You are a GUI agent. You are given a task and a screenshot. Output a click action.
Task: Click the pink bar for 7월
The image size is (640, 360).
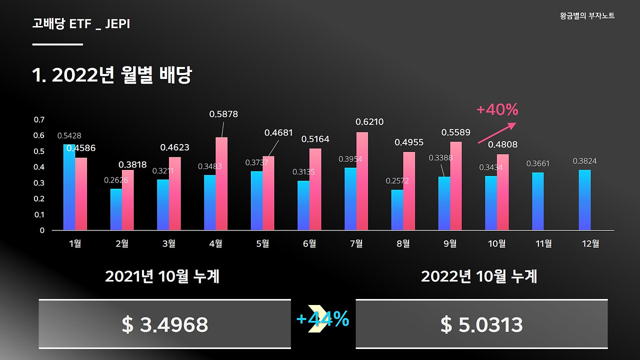(362, 181)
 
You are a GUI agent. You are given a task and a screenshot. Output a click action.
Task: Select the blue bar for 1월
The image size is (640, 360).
(69, 187)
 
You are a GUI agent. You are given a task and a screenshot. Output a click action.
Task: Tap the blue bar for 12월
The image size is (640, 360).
(584, 200)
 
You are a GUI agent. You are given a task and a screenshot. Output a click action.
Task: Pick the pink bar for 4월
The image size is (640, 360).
(221, 184)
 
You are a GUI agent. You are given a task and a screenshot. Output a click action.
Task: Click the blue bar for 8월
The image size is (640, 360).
(397, 210)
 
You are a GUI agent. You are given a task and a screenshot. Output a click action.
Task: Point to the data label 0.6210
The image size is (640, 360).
(369, 122)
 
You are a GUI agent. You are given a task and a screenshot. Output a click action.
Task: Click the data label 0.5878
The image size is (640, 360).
(223, 114)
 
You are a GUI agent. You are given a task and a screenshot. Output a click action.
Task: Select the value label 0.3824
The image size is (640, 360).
(584, 161)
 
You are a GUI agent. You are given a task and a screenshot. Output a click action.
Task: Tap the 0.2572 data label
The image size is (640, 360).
(397, 181)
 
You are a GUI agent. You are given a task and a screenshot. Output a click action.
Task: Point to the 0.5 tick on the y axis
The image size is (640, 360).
(39, 151)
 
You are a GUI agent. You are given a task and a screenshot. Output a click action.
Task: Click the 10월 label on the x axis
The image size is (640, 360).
(496, 243)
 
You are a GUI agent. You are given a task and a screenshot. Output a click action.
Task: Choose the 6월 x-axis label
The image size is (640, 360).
(309, 243)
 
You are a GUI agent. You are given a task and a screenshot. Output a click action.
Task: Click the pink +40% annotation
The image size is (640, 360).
(497, 109)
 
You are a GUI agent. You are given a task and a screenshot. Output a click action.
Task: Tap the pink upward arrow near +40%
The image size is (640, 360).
(498, 132)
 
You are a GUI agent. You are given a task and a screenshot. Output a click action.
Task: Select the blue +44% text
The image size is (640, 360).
(322, 319)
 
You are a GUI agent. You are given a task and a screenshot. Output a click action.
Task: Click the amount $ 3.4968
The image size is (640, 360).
(164, 325)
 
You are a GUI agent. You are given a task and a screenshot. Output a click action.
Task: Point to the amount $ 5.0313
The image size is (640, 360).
(481, 325)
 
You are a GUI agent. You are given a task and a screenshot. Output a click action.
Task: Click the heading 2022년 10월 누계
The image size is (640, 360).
(479, 276)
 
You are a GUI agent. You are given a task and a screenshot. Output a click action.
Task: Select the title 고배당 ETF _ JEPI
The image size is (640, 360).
(81, 23)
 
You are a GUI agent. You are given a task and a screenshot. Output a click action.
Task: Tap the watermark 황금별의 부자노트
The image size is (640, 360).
(587, 16)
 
